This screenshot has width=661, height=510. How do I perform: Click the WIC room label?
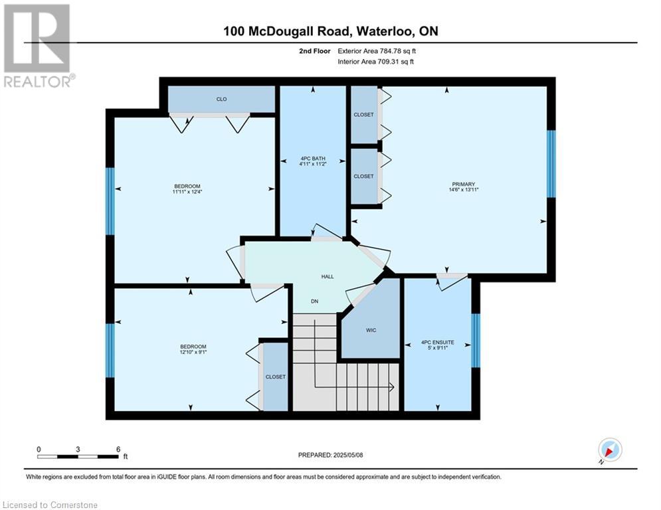click(x=371, y=330)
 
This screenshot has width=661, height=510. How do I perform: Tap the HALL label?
click(x=328, y=276)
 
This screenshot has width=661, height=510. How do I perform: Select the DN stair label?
click(x=314, y=301)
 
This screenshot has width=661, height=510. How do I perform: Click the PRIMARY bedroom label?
click(x=463, y=184)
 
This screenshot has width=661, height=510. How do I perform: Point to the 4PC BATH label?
click(x=313, y=159)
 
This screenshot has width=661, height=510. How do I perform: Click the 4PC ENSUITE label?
click(x=438, y=343)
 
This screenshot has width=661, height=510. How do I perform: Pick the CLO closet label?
click(x=221, y=99)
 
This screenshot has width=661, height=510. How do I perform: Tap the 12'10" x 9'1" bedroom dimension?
click(x=193, y=352)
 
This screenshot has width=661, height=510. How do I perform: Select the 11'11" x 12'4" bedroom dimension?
click(x=187, y=192)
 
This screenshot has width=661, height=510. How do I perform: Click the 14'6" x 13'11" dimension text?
click(x=464, y=190)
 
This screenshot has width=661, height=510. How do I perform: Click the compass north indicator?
click(x=610, y=450)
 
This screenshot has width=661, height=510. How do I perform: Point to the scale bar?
click(x=78, y=456)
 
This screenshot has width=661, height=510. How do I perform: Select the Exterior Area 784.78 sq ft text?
click(x=377, y=51)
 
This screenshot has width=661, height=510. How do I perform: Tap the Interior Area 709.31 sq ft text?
click(x=375, y=62)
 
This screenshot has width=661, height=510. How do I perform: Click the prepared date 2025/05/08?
click(x=348, y=455)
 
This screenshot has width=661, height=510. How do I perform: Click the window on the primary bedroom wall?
click(x=551, y=164)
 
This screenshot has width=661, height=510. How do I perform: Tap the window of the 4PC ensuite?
click(x=476, y=341)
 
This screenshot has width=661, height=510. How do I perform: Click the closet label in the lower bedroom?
click(x=275, y=377)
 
